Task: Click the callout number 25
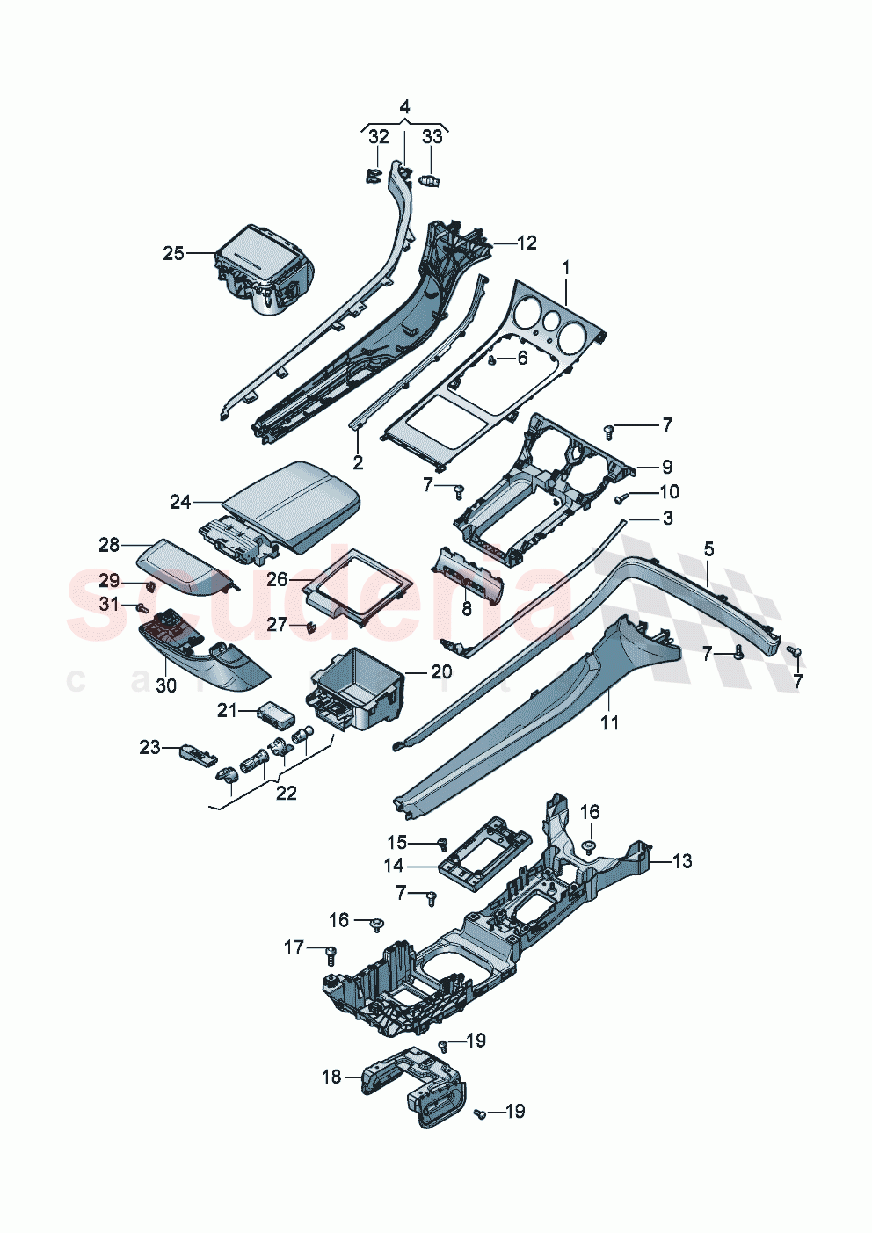pyautogui.click(x=173, y=253)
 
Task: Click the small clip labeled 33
pyautogui.click(x=431, y=180)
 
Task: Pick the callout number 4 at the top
pyautogui.click(x=404, y=107)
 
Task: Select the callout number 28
pyautogui.click(x=109, y=545)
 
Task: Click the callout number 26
pyautogui.click(x=277, y=579)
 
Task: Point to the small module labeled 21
pyautogui.click(x=271, y=711)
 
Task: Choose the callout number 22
pyautogui.click(x=287, y=793)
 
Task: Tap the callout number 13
pyautogui.click(x=682, y=861)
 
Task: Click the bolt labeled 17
pyautogui.click(x=331, y=954)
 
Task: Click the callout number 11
pyautogui.click(x=609, y=722)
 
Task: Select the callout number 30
pyautogui.click(x=166, y=685)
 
